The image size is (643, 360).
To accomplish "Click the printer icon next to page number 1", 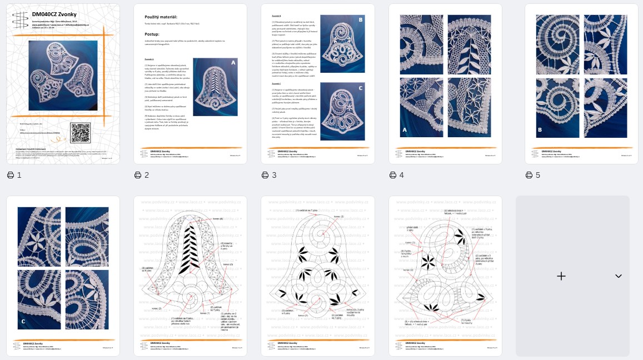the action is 11,175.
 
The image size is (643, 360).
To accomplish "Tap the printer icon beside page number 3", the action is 265,175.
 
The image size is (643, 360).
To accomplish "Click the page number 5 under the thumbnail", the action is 538,175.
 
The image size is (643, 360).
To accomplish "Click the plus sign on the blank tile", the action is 561,276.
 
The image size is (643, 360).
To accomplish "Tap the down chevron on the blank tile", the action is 618,276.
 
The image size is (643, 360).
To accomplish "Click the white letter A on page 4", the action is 405,131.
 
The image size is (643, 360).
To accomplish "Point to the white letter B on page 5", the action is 540,131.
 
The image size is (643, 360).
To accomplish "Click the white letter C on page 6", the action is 23,321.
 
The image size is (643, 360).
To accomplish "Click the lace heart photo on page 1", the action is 63,75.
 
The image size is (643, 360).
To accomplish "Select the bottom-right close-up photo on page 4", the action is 469,107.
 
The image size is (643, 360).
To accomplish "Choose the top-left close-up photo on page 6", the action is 39,237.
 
